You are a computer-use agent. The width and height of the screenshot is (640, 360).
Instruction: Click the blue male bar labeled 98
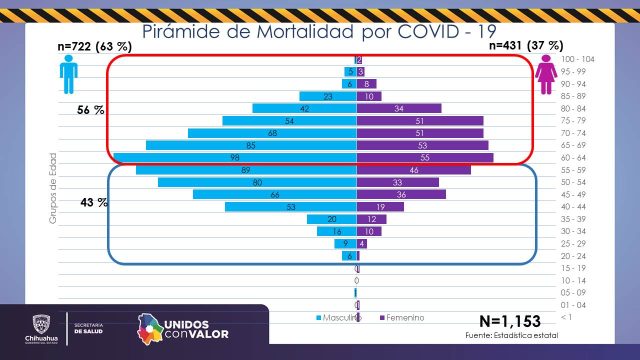click(x=235, y=157)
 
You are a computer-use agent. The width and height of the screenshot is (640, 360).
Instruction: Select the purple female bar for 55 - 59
click(x=413, y=170)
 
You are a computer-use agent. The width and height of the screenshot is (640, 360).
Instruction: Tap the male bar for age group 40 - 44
click(x=290, y=207)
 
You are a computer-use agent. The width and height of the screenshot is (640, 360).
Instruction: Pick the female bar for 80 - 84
click(x=398, y=108)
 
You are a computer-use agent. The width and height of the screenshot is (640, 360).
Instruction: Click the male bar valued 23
click(x=327, y=96)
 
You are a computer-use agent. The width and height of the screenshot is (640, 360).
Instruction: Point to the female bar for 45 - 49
click(x=401, y=194)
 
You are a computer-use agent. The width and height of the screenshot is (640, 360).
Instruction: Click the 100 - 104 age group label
click(x=577, y=59)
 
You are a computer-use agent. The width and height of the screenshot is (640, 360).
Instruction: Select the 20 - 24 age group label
click(x=573, y=256)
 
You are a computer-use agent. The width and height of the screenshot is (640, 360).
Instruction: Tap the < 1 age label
click(x=566, y=317)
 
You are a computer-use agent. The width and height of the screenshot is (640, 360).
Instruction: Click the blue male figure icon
click(x=68, y=74)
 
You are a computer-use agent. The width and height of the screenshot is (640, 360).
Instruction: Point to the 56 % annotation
click(x=90, y=110)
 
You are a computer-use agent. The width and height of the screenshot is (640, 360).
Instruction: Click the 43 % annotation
click(x=94, y=202)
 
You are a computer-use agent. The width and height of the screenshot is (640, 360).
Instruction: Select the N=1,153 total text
click(x=509, y=320)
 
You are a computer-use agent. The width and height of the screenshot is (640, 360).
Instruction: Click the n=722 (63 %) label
click(x=94, y=46)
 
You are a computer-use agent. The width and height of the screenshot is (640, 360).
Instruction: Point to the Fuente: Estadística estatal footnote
click(x=511, y=335)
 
